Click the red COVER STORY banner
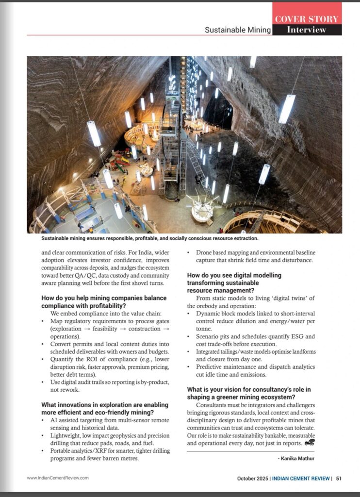pyautogui.click(x=307, y=18)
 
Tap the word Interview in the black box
pyautogui.click(x=307, y=30)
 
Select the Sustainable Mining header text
pyautogui.click(x=237, y=30)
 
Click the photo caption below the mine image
pyautogui.click(x=150, y=239)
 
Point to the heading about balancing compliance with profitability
pyautogui.click(x=104, y=301)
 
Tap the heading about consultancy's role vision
pyautogui.click(x=249, y=393)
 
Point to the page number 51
pyautogui.click(x=339, y=478)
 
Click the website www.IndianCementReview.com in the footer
pyautogui.click(x=58, y=478)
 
